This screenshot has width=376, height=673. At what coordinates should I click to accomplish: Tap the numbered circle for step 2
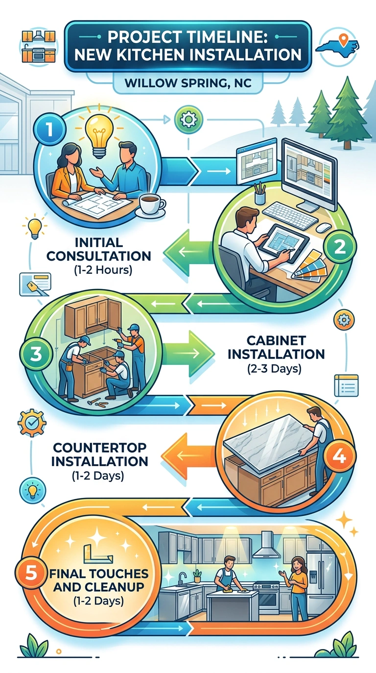(x=340, y=247)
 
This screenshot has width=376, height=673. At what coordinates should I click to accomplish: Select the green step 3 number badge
(x=36, y=353)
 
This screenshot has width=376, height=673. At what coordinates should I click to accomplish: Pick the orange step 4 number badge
(x=339, y=457)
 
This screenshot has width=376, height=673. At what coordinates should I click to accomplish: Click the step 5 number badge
(x=31, y=573)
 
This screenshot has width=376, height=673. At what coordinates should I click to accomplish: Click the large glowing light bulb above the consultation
(x=99, y=135)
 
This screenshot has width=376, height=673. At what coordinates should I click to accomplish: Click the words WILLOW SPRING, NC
(x=188, y=83)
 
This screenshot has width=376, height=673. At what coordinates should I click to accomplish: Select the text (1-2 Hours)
(x=103, y=270)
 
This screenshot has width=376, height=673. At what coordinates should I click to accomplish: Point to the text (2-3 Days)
(x=274, y=368)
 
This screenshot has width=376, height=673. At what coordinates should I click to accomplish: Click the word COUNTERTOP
(x=99, y=448)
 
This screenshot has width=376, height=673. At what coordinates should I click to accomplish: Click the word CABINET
(x=276, y=341)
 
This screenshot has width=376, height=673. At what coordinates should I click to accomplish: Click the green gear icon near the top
(x=188, y=119)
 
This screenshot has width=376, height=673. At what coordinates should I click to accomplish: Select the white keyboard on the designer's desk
(x=289, y=215)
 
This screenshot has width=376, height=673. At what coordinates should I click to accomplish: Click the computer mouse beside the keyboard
(x=324, y=228)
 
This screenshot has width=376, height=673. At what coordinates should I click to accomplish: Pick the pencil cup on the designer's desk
(x=259, y=193)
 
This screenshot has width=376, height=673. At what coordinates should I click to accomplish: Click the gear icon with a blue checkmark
(x=32, y=423)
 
